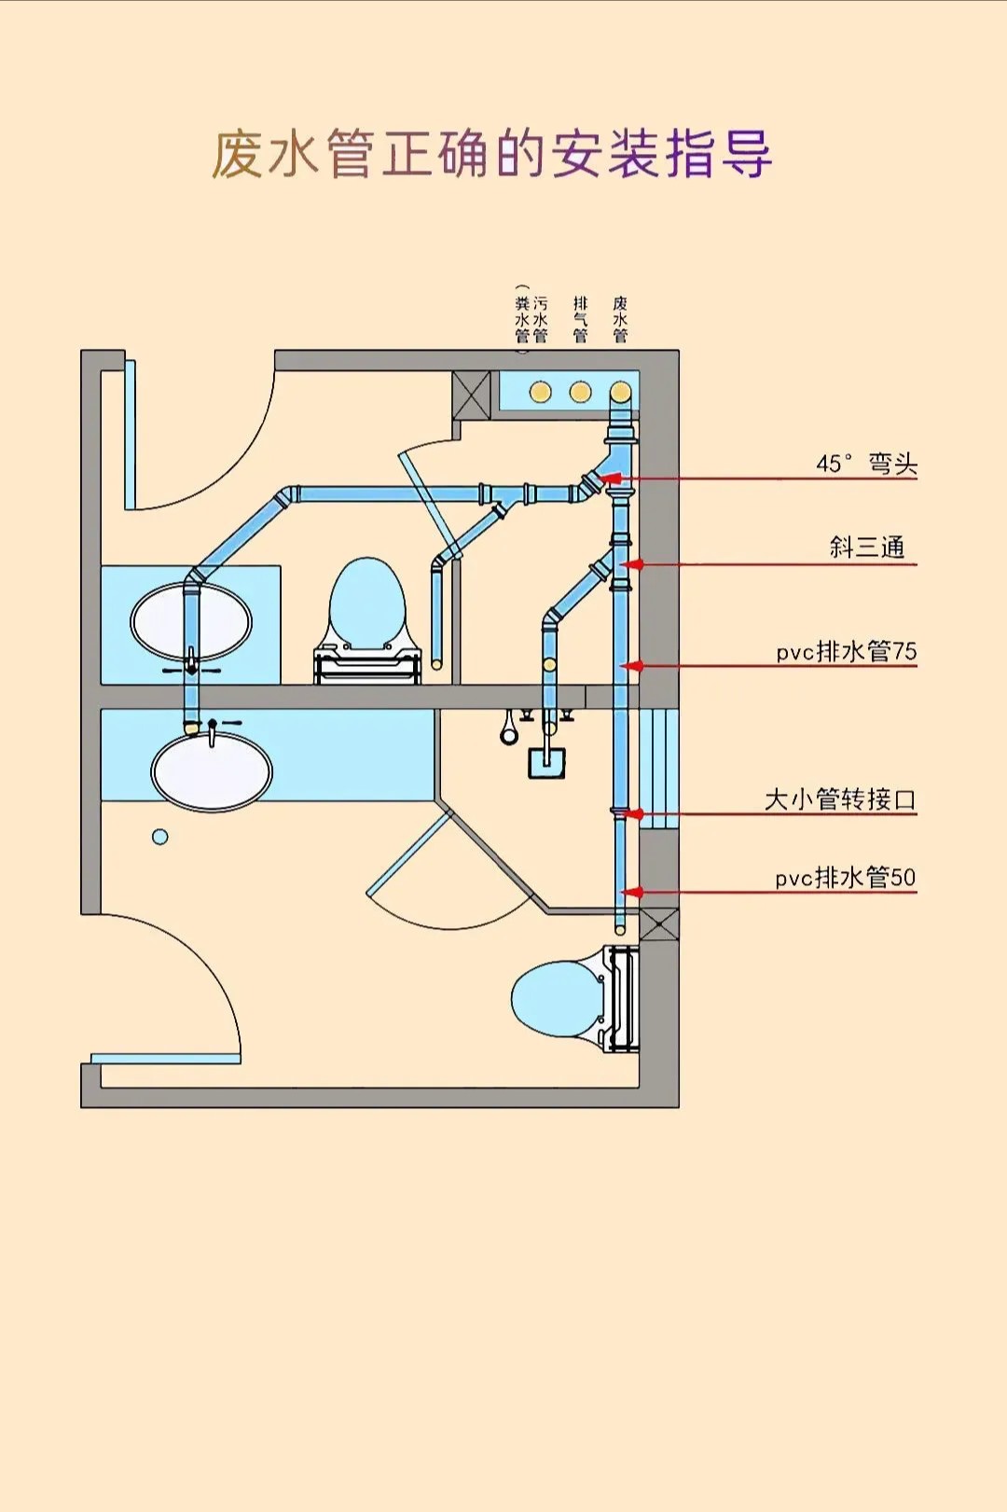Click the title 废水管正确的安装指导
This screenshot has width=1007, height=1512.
coord(491,154)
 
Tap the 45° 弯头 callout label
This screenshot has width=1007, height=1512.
coord(866,464)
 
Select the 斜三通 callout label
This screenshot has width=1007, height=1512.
coord(867,547)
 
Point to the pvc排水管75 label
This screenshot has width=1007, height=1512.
coord(847,651)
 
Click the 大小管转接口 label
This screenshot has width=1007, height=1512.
coord(840,799)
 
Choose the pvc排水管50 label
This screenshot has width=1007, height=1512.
coord(846,878)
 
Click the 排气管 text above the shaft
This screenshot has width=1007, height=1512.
coord(580,319)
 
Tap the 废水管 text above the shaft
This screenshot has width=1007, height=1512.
coord(620,319)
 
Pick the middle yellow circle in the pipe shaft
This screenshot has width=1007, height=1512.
coord(580,392)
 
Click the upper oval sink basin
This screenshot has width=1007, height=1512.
coord(191,621)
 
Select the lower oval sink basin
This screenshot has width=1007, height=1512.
coord(212,772)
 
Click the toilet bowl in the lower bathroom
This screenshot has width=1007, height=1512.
coord(555,998)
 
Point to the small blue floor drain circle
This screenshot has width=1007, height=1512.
coord(160,837)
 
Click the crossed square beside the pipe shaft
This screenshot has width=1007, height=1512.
coord(471,395)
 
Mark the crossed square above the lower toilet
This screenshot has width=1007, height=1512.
coord(659,924)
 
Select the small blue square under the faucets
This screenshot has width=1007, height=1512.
coord(546,763)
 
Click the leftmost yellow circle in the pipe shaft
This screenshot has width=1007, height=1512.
coord(541,392)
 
